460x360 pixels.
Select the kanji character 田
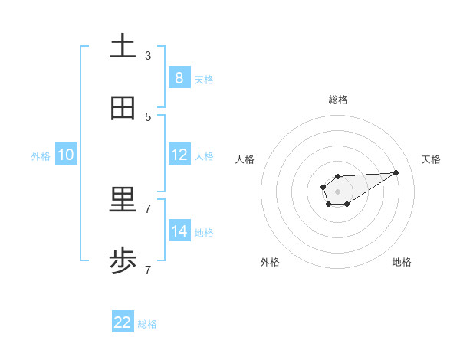tap(123, 109)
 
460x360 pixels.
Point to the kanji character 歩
tap(123, 262)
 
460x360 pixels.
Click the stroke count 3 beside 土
tap(148, 55)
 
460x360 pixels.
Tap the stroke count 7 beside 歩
tap(148, 270)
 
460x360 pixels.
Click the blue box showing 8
tap(179, 77)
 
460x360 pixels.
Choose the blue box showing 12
tap(179, 154)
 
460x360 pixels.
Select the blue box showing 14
tap(179, 231)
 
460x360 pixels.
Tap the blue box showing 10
tap(66, 154)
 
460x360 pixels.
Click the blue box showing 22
tap(123, 322)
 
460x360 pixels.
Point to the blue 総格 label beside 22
tap(147, 324)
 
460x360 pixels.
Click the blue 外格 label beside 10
tap(41, 155)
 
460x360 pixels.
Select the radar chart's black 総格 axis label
tap(337, 100)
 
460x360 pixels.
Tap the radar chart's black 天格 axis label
tap(431, 159)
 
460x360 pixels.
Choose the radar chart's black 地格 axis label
tap(402, 262)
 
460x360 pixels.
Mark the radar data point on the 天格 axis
tap(396, 172)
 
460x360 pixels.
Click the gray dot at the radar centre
tap(337, 191)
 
